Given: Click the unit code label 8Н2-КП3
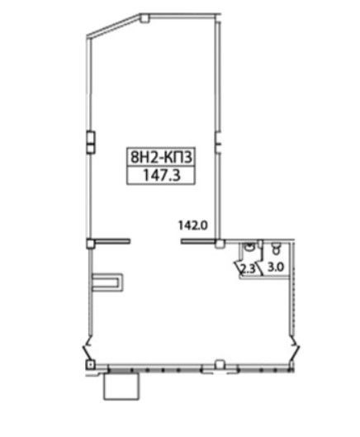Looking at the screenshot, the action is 161,157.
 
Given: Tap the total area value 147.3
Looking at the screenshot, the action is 162,175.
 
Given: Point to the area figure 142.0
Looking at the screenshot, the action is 193,226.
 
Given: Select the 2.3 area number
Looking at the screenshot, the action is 248,268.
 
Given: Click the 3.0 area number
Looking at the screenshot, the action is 276,268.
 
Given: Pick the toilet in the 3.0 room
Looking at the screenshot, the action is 276,248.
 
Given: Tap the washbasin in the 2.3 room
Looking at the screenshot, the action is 249,247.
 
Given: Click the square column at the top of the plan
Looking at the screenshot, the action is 144,18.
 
